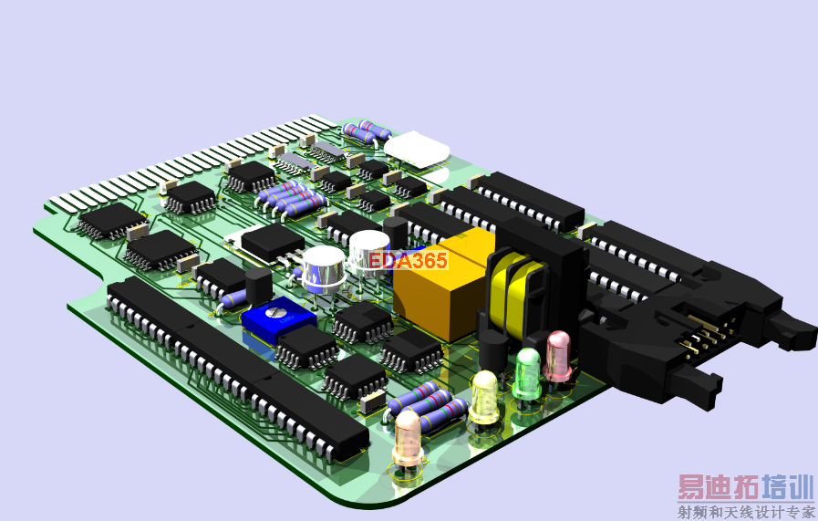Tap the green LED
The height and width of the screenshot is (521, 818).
(x=527, y=374)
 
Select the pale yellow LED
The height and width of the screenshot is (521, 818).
(x=484, y=397)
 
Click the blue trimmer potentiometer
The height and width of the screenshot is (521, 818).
(x=279, y=319)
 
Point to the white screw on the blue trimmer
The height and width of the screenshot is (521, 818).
(x=274, y=312)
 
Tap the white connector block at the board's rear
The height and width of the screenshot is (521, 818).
(x=417, y=149)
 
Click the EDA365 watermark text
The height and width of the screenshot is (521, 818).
(x=408, y=260)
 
